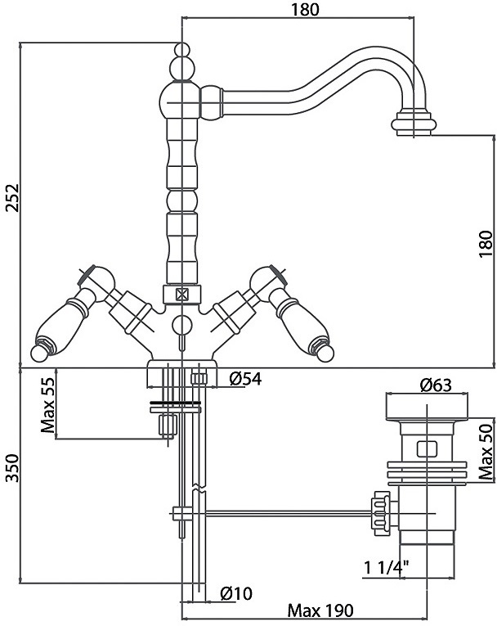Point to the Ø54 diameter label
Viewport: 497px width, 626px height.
click(x=244, y=378)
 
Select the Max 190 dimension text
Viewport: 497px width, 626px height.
click(x=319, y=610)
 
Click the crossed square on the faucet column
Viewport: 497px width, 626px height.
click(x=181, y=294)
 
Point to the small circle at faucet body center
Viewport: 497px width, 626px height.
click(x=181, y=325)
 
